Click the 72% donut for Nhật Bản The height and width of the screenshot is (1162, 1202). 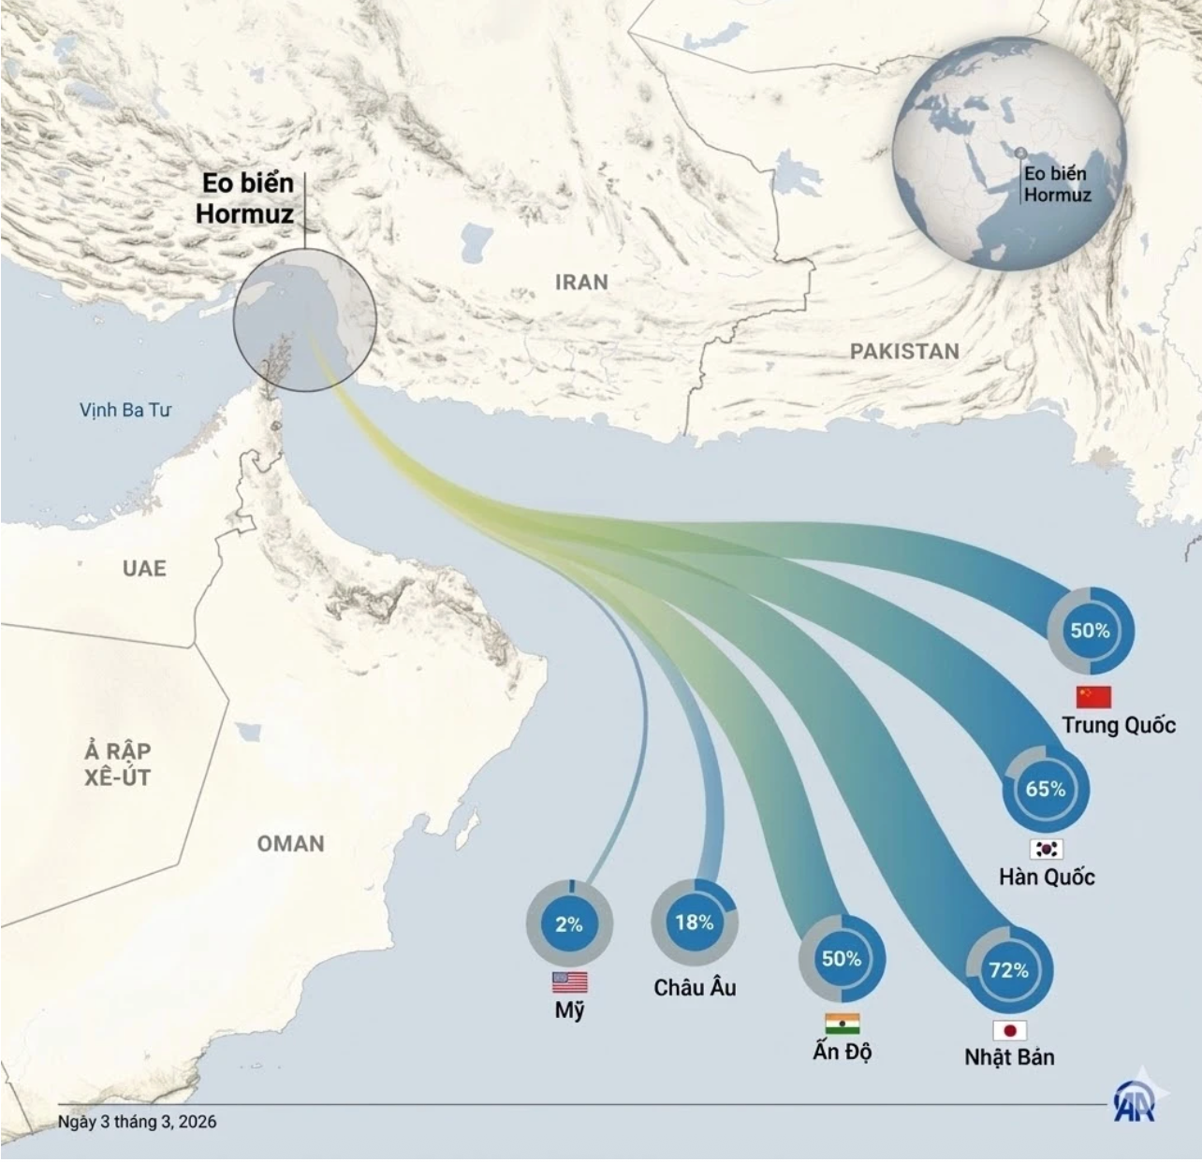(1008, 970)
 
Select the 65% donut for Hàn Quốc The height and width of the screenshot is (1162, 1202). (1045, 789)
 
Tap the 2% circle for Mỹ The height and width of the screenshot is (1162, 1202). (569, 924)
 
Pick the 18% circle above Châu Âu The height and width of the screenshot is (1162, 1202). (694, 922)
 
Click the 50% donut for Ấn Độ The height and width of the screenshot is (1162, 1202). (841, 959)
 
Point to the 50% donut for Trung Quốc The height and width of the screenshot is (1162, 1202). (1090, 631)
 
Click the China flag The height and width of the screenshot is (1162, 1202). (1093, 697)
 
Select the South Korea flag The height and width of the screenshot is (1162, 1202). (1047, 849)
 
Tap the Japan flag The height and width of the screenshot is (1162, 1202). (1009, 1031)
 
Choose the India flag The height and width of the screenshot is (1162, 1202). (843, 1023)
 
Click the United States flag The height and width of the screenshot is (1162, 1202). (570, 981)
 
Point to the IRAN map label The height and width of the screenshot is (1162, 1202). (581, 282)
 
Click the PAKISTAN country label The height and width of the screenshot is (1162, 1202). (904, 351)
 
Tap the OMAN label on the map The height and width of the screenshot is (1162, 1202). (291, 844)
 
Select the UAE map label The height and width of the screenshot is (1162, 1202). (144, 568)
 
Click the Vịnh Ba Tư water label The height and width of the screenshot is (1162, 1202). (125, 410)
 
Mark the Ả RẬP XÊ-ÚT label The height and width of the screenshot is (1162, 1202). (117, 764)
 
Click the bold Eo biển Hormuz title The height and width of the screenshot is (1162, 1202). (245, 198)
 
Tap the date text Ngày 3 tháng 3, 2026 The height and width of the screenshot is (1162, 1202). (137, 1121)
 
